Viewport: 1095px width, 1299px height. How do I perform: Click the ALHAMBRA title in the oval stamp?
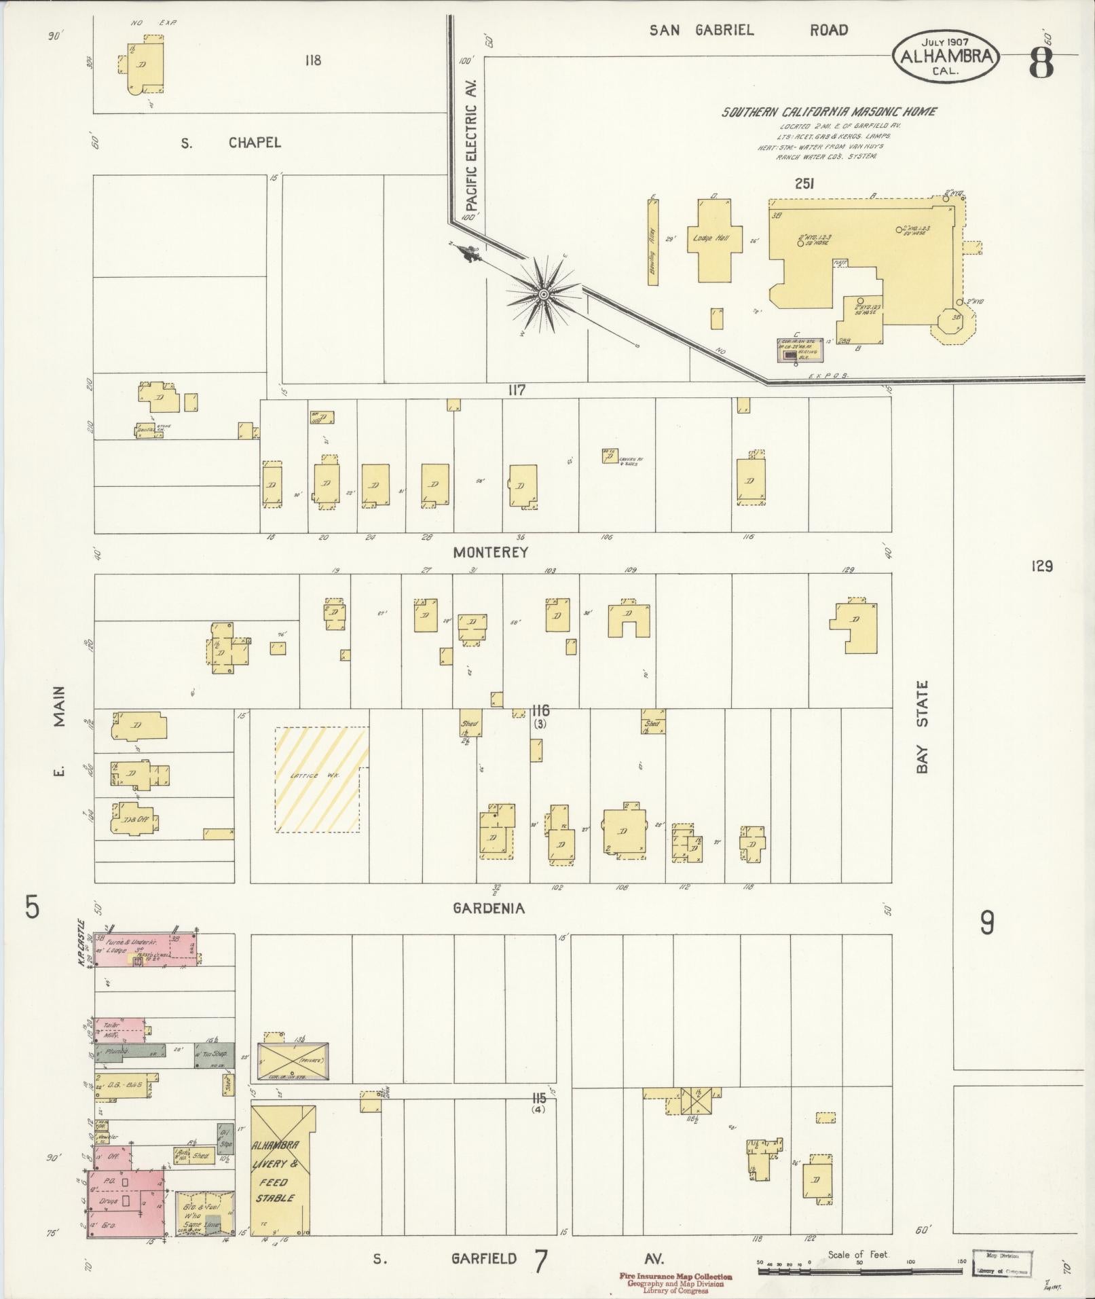coord(949,56)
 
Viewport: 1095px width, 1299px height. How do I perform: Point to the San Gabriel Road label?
coord(748,30)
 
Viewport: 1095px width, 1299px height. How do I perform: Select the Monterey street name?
coord(490,553)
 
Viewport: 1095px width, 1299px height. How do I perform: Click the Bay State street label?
coord(921,727)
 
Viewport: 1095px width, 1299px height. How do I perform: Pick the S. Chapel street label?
coord(231,143)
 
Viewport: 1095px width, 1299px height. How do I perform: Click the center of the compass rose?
coord(543,294)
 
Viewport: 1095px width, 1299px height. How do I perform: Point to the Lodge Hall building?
coord(710,239)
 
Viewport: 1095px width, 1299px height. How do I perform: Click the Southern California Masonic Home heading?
coord(829,112)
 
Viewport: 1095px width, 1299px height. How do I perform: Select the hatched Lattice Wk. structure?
coord(321,780)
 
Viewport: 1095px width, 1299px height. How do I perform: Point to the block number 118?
coord(312,60)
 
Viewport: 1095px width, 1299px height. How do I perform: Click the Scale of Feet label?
coord(858,1255)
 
